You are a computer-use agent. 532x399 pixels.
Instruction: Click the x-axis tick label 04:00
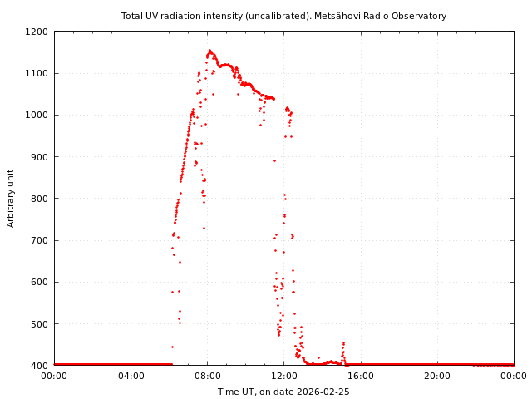[131, 376]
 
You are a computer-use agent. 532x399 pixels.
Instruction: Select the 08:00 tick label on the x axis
[207, 376]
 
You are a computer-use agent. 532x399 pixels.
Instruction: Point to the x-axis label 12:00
[283, 376]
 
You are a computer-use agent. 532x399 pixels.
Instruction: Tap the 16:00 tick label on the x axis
[361, 376]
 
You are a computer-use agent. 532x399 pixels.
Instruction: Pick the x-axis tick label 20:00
[437, 376]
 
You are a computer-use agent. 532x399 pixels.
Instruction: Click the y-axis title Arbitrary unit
[12, 199]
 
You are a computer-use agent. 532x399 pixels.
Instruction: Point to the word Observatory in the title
[420, 16]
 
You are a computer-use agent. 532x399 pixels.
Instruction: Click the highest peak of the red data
[209, 51]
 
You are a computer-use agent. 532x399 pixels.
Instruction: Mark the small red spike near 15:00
[343, 343]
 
